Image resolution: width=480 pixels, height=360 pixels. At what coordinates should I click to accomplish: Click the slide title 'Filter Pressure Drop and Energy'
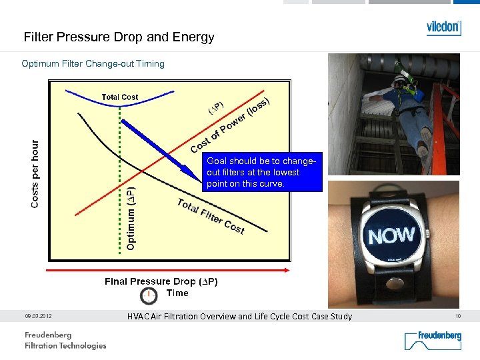(x=119, y=37)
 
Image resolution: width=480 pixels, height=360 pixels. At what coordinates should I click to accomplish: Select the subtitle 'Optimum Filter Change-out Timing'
(x=93, y=64)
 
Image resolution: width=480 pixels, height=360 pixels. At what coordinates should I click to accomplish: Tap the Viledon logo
(x=443, y=28)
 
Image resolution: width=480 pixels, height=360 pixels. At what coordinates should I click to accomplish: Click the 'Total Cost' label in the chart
(x=120, y=97)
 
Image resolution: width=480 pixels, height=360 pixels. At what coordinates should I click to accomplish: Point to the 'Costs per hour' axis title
(x=35, y=173)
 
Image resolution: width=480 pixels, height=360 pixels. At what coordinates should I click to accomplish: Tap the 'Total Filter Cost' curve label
(x=211, y=216)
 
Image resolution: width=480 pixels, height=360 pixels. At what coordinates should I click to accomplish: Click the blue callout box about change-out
(x=263, y=173)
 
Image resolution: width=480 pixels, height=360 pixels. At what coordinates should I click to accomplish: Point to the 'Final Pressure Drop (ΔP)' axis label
(x=161, y=281)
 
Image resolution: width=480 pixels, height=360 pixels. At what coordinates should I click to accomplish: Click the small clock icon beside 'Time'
(x=149, y=295)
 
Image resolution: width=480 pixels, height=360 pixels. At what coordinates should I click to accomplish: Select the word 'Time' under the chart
(x=177, y=293)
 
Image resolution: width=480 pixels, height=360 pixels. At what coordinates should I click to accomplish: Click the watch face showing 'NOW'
(x=391, y=235)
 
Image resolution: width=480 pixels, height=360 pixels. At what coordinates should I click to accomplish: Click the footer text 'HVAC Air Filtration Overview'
(x=239, y=317)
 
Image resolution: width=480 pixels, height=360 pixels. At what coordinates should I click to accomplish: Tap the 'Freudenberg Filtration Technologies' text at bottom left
(x=65, y=340)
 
